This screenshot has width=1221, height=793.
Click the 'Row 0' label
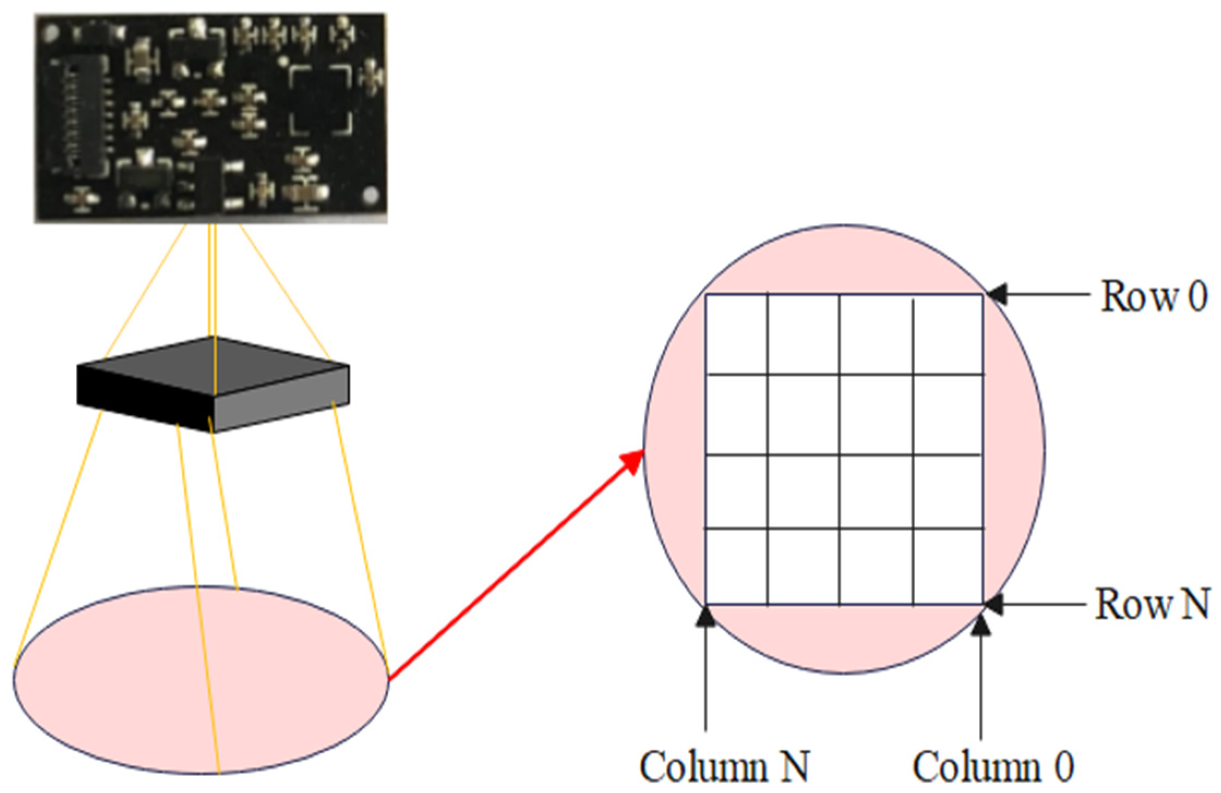1153,296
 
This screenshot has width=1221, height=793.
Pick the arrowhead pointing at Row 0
996,295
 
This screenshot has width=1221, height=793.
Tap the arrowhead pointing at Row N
994,604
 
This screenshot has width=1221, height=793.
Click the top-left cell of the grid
736,334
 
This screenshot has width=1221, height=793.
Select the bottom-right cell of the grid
948,566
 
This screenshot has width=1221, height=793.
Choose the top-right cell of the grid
948,334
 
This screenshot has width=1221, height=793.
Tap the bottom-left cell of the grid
736,566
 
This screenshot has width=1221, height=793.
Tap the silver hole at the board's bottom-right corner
371,195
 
